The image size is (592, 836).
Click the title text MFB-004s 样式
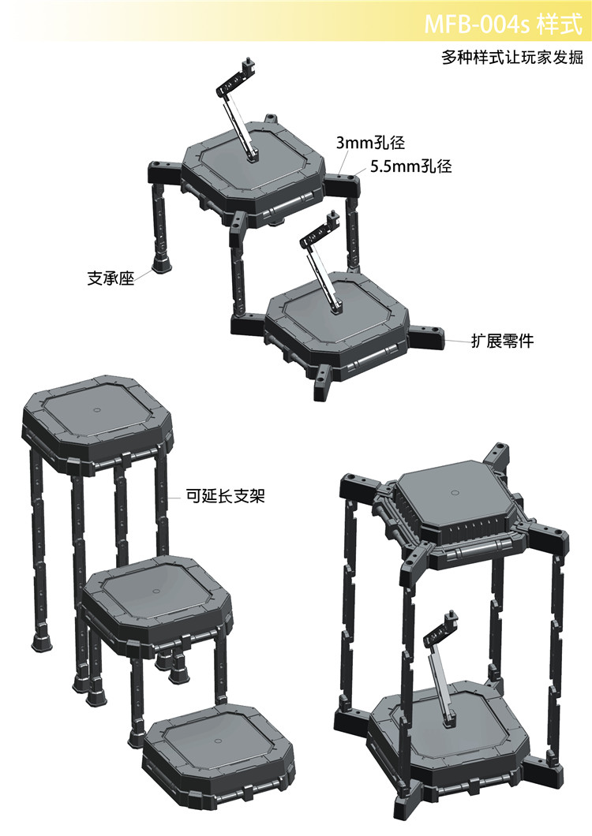(x=503, y=24)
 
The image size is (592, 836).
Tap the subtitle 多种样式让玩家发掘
(x=512, y=57)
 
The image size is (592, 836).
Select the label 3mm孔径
(x=370, y=143)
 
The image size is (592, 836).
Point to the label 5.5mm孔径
(x=411, y=166)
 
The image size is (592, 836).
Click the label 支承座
(x=110, y=278)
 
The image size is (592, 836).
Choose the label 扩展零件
(x=502, y=341)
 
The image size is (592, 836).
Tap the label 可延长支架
(x=225, y=496)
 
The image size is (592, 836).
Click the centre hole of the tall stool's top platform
(x=96, y=410)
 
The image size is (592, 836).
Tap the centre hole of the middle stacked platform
(x=155, y=591)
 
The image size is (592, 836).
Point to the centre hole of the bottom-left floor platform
(x=218, y=741)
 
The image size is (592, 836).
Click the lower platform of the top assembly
(x=336, y=322)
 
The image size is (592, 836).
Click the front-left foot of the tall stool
(x=42, y=640)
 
